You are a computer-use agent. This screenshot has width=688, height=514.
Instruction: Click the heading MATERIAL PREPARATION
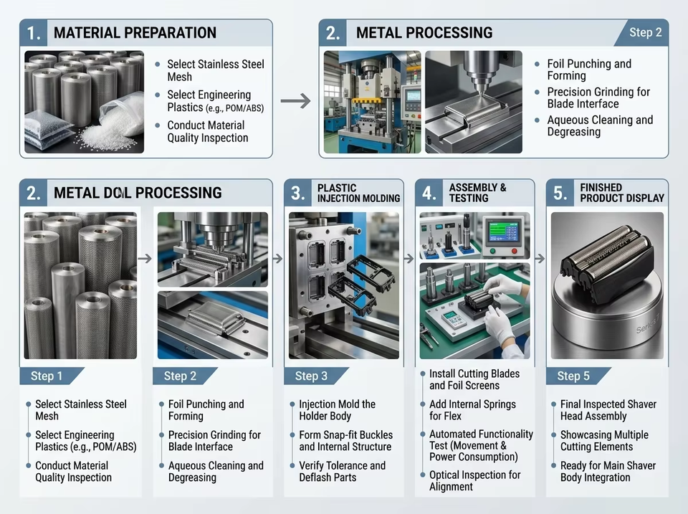(135, 32)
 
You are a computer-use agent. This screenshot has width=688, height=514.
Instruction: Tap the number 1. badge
(34, 33)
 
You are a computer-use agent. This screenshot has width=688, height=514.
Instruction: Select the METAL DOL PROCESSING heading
(138, 193)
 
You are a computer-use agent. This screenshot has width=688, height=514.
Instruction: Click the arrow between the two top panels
(296, 101)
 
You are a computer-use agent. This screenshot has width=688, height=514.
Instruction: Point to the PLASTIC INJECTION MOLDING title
(358, 193)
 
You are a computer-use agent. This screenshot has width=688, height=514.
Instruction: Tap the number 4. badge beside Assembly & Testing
(429, 193)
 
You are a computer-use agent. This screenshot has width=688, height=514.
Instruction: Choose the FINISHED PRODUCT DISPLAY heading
(622, 193)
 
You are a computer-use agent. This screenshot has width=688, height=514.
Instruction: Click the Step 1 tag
(47, 376)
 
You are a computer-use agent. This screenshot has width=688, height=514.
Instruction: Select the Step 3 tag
(312, 376)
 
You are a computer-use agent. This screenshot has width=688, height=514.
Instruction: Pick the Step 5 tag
(574, 376)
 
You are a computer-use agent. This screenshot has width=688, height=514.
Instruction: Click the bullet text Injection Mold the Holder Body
(337, 410)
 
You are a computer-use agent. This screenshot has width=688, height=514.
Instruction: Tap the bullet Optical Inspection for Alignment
(474, 480)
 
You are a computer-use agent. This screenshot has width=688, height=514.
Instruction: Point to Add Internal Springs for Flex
(472, 410)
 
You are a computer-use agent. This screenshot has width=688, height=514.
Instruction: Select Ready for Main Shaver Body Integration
(608, 472)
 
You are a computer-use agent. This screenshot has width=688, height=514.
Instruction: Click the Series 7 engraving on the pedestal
(648, 325)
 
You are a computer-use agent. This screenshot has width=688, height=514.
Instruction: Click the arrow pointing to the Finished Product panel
(540, 259)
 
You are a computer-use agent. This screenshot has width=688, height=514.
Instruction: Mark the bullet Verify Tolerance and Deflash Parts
(343, 472)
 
